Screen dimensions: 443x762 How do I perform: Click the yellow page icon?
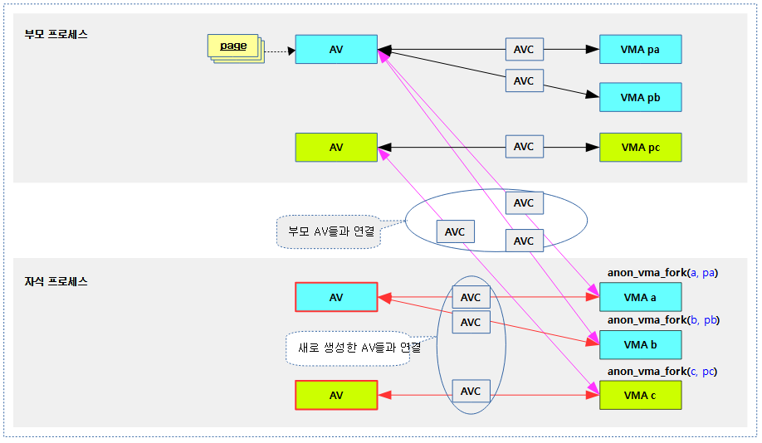[234, 47]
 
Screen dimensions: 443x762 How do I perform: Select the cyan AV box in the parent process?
[336, 49]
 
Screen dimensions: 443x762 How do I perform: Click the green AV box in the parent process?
[336, 147]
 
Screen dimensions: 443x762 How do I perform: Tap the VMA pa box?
[640, 49]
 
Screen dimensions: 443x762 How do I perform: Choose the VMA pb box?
[640, 97]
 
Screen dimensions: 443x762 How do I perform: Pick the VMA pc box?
[640, 147]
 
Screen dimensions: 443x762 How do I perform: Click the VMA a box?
[640, 297]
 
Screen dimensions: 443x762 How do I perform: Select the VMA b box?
[640, 344]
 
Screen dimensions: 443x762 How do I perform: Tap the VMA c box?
[640, 395]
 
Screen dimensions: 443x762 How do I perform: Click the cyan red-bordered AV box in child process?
[336, 297]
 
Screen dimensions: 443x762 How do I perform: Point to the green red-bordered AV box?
[336, 395]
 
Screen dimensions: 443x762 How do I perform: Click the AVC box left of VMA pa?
[524, 49]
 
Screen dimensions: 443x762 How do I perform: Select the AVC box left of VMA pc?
[524, 147]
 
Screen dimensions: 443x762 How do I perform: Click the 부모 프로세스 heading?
[56, 35]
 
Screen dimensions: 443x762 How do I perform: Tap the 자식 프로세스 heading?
[56, 281]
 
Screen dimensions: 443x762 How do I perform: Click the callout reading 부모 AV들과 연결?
[329, 231]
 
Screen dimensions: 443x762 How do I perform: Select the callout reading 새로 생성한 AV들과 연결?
[359, 348]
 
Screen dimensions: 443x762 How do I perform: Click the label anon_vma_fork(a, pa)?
[662, 273]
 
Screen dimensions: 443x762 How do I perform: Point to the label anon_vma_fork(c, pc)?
[662, 371]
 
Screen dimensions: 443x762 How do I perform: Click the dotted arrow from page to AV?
[279, 51]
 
